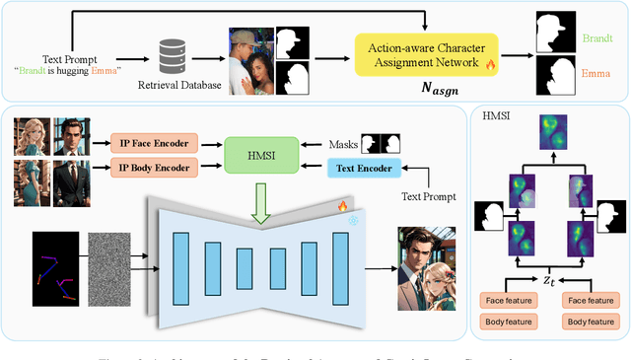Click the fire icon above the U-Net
343,205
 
